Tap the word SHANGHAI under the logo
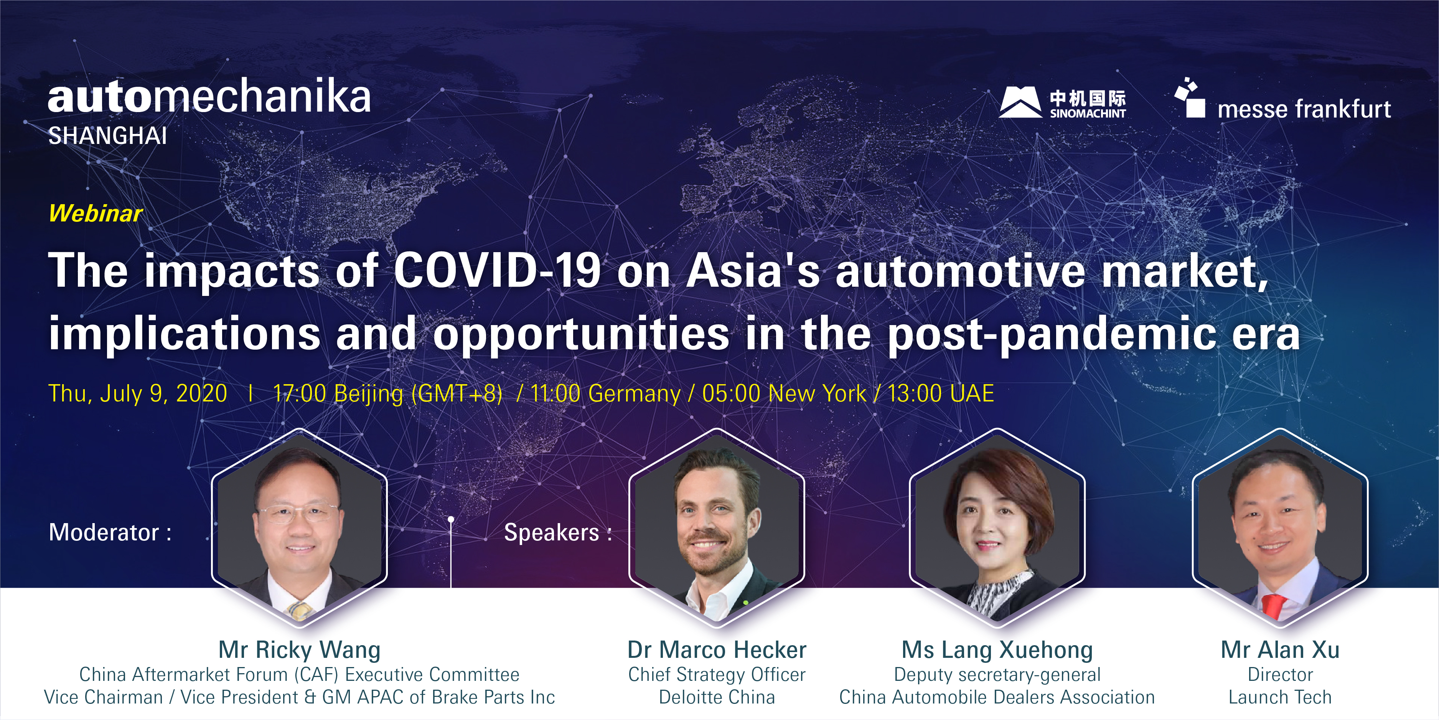click(108, 136)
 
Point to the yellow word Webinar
click(96, 213)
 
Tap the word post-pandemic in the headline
click(1051, 334)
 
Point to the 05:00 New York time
click(784, 393)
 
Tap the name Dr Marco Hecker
click(717, 649)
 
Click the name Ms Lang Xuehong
click(997, 649)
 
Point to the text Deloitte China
click(717, 697)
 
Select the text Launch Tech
click(1280, 697)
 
